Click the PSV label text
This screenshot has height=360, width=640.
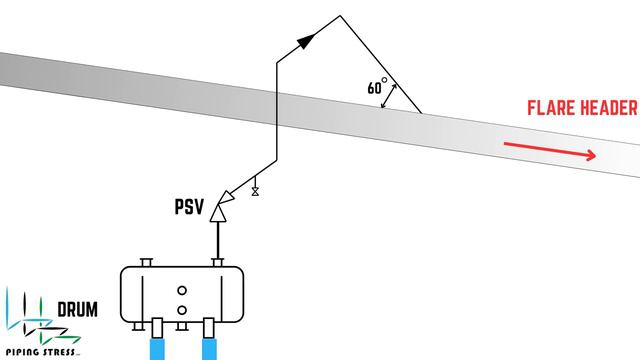coord(189,209)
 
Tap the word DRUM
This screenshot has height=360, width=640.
coord(76,311)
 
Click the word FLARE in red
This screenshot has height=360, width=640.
coord(553,109)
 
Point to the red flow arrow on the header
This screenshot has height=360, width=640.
coord(551,149)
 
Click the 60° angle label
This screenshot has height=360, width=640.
coord(377,87)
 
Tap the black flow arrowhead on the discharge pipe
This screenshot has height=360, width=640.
coord(306,40)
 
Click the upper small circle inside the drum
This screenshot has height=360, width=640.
coord(182,291)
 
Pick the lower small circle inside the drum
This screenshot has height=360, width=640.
coord(182,310)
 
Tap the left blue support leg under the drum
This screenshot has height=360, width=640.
coord(158,342)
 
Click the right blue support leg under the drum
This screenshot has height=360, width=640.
coord(210,342)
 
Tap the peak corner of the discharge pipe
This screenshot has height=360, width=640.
coord(340,16)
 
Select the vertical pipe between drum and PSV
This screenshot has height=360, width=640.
coord(218,241)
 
